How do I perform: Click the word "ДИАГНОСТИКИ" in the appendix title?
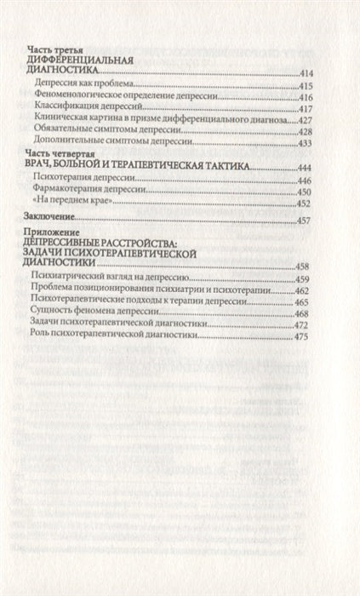click(65, 265)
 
